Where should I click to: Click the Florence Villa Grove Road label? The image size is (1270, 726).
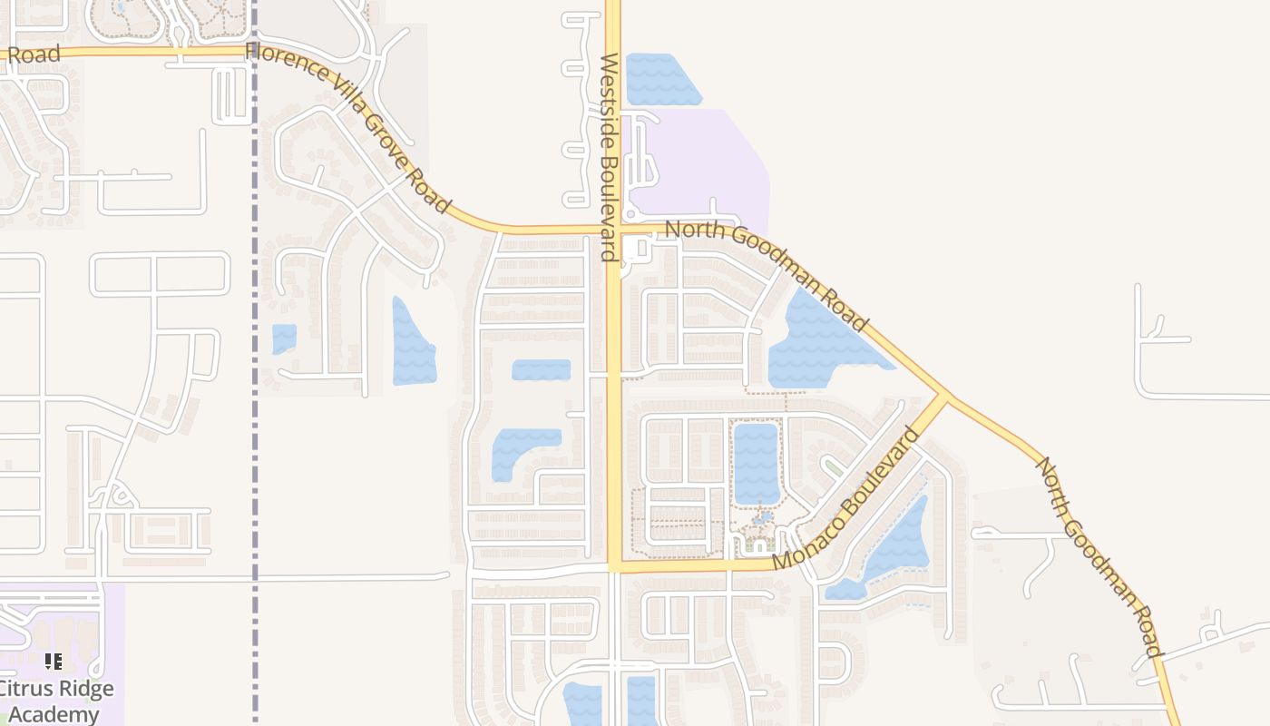pyautogui.click(x=348, y=127)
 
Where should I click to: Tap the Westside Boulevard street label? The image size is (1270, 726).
pyautogui.click(x=609, y=156)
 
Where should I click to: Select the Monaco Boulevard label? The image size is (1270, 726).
pyautogui.click(x=845, y=499)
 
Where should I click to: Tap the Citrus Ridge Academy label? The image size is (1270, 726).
pyautogui.click(x=56, y=701)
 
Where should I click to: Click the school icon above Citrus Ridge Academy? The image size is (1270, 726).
pyautogui.click(x=54, y=662)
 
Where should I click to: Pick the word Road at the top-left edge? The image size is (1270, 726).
pyautogui.click(x=34, y=54)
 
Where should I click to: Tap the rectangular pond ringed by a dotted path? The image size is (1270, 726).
pyautogui.click(x=756, y=463)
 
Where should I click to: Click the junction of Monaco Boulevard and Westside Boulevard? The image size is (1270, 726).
pyautogui.click(x=614, y=565)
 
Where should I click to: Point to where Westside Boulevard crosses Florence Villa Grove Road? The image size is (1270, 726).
pyautogui.click(x=614, y=229)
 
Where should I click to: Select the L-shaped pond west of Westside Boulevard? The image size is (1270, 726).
pyautogui.click(x=517, y=448)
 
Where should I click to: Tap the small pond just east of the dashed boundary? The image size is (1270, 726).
pyautogui.click(x=284, y=338)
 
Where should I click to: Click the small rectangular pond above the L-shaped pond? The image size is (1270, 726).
pyautogui.click(x=541, y=369)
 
